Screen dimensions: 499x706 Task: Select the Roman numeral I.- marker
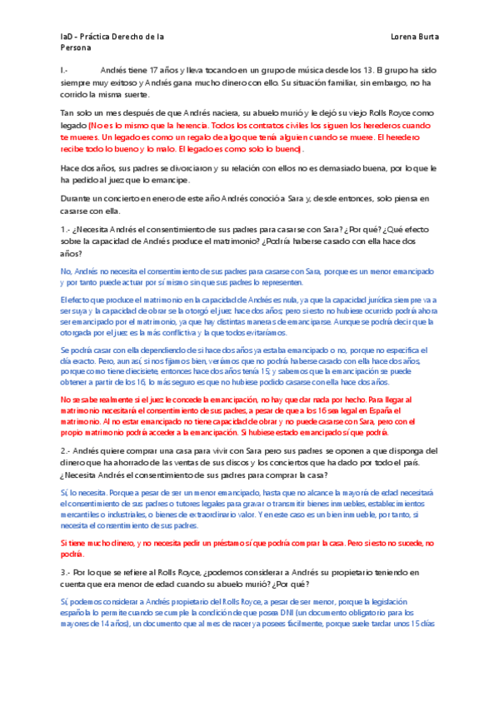coord(65,72)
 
